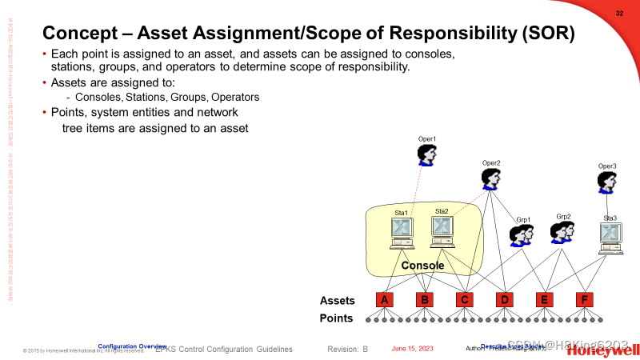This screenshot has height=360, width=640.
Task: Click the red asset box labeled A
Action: [x=386, y=300]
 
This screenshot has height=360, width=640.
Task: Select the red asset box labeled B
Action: [x=426, y=300]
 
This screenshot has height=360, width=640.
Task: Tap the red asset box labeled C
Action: [x=465, y=300]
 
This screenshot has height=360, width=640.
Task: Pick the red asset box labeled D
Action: [x=505, y=300]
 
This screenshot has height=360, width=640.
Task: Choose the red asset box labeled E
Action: [x=545, y=300]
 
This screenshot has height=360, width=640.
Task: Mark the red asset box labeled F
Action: [x=585, y=300]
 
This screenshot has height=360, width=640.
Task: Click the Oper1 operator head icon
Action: [x=428, y=155]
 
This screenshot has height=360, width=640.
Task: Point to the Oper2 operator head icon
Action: [x=491, y=179]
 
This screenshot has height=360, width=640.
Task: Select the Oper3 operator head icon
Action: [x=608, y=183]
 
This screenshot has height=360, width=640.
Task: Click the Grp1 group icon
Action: [x=522, y=235]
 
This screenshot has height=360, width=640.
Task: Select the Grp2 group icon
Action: [x=562, y=232]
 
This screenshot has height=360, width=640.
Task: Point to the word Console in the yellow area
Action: [x=422, y=266]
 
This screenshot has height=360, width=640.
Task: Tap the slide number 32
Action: [x=619, y=14]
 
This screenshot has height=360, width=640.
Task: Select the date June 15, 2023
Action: [x=412, y=350]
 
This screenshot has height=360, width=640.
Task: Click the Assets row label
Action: [x=337, y=301]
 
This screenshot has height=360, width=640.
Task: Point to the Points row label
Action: [x=337, y=318]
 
